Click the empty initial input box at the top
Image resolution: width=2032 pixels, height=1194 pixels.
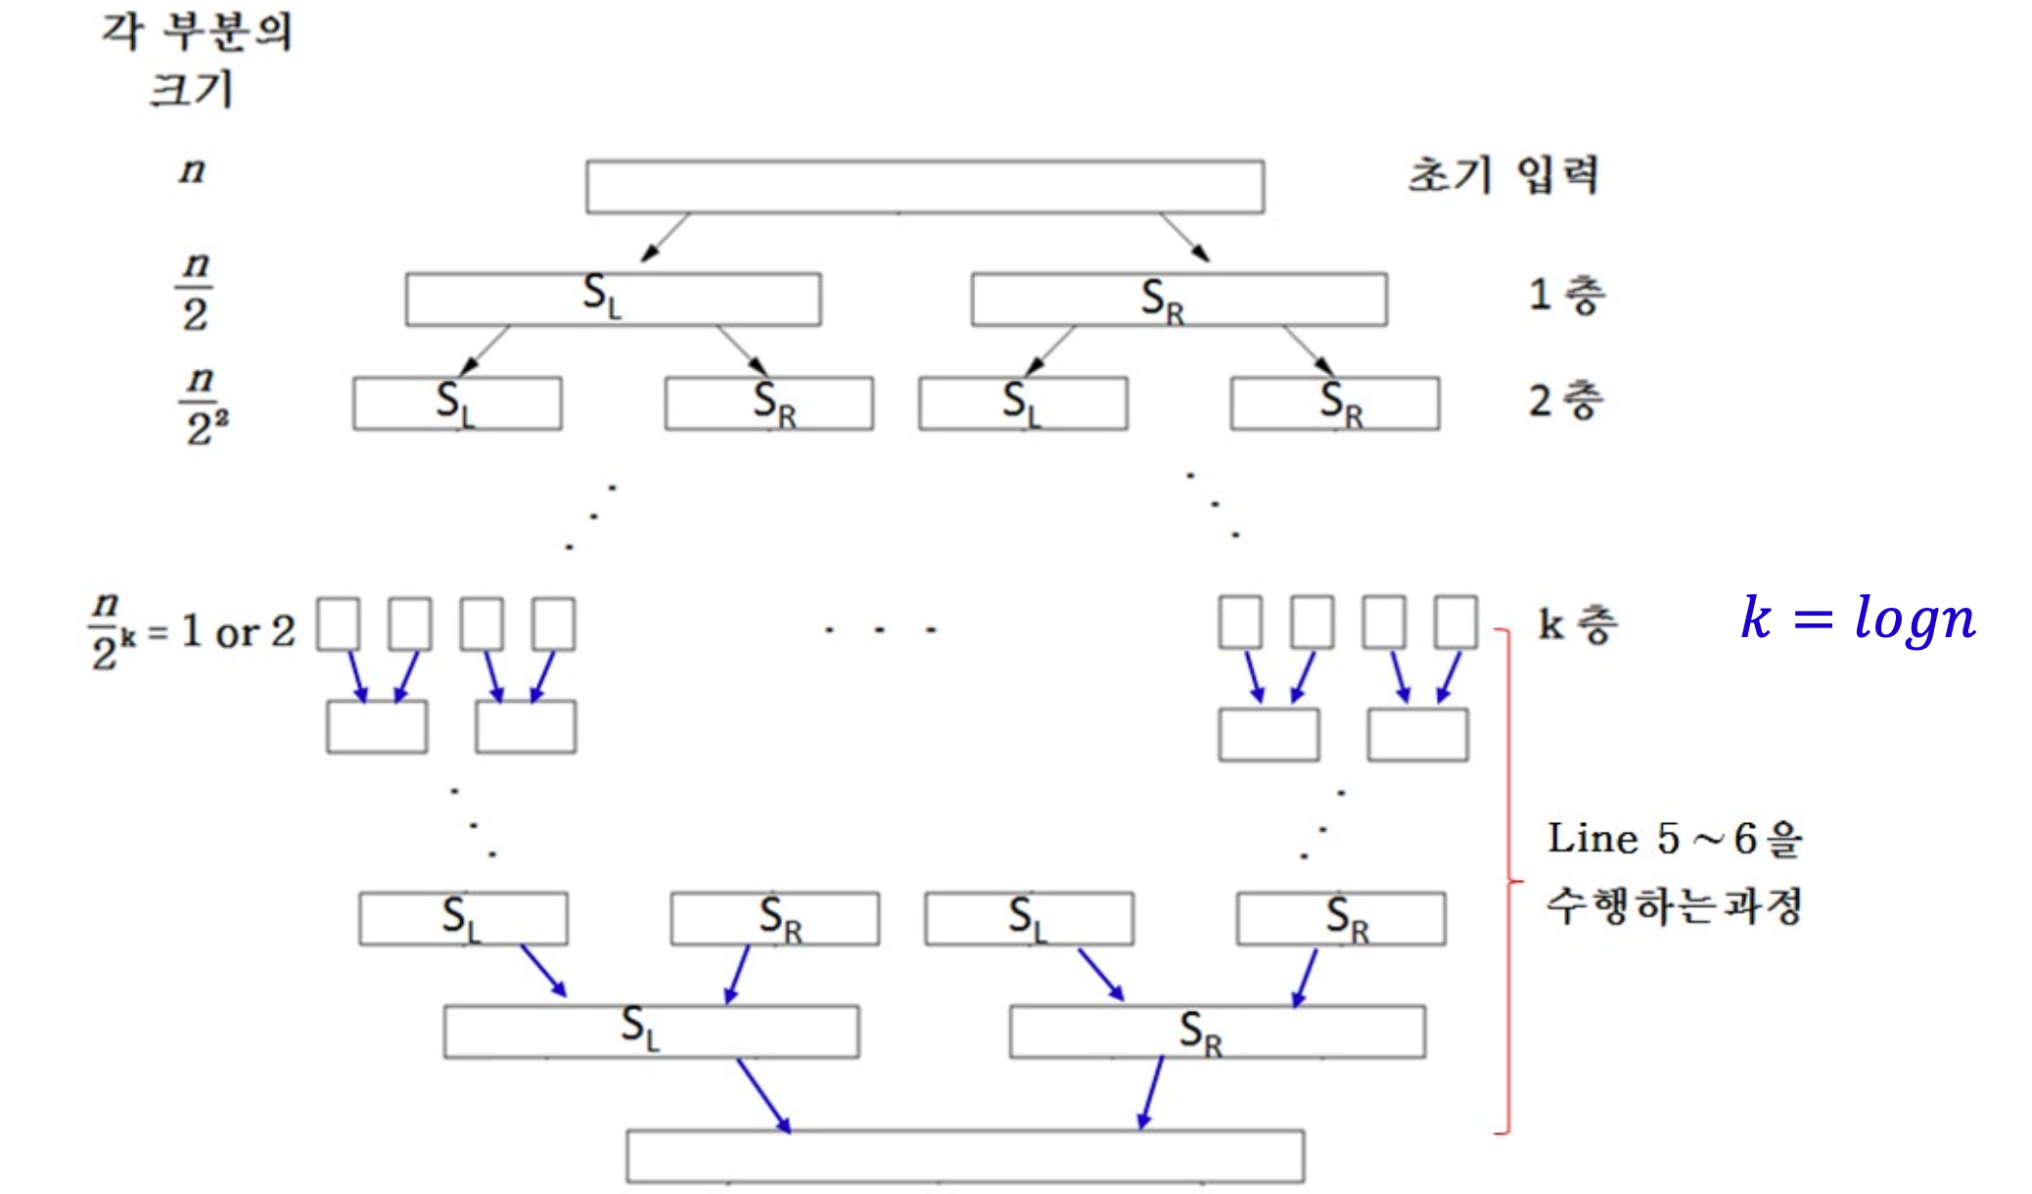pyautogui.click(x=924, y=187)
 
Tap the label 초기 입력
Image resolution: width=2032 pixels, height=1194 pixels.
pyautogui.click(x=1502, y=176)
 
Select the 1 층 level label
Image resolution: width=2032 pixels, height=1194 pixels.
pyautogui.click(x=1566, y=295)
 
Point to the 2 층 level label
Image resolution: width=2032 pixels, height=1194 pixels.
pyautogui.click(x=1566, y=400)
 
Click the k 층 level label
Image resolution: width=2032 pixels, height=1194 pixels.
pyautogui.click(x=1577, y=624)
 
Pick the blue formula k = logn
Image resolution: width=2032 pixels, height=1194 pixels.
pyautogui.click(x=1858, y=619)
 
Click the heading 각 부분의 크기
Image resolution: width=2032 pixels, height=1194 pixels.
pyautogui.click(x=196, y=59)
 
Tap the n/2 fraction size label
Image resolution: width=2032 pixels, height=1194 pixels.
pyautogui.click(x=195, y=291)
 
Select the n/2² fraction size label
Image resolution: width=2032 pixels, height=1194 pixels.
pyautogui.click(x=204, y=405)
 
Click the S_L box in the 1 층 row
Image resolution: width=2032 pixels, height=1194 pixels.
pyautogui.click(x=613, y=298)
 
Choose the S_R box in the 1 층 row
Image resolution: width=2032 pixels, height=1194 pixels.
pyautogui.click(x=1178, y=298)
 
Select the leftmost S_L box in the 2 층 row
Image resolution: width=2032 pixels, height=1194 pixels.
pyautogui.click(x=457, y=403)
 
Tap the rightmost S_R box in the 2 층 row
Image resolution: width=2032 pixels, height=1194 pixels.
pyautogui.click(x=1335, y=403)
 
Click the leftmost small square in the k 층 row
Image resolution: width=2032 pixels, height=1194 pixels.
pyautogui.click(x=339, y=623)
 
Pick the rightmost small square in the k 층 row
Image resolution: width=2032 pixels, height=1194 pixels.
pyautogui.click(x=1455, y=621)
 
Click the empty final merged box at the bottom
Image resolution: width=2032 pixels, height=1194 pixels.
pyautogui.click(x=965, y=1156)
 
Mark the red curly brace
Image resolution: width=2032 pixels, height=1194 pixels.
pyautogui.click(x=1508, y=881)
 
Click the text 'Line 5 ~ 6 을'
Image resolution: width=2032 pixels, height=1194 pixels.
pyautogui.click(x=1673, y=839)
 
